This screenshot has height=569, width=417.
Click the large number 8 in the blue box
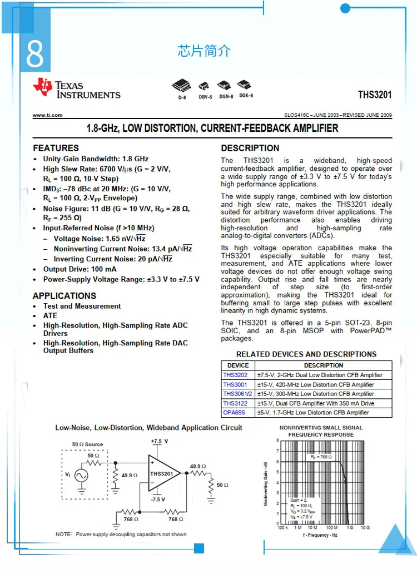pyautogui.click(x=34, y=54)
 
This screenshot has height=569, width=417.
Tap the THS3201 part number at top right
pyautogui.click(x=375, y=95)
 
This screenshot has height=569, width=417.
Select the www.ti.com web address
pyautogui.click(x=47, y=115)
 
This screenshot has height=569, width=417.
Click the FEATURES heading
pyautogui.click(x=56, y=149)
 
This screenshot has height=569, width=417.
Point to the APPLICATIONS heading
pyautogui.click(x=64, y=296)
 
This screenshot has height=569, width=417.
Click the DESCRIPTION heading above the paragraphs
pyautogui.click(x=250, y=149)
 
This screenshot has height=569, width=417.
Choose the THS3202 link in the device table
pyautogui.click(x=235, y=375)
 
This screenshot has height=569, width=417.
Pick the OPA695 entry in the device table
pyautogui.click(x=234, y=413)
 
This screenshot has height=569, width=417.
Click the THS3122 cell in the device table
pyautogui.click(x=235, y=403)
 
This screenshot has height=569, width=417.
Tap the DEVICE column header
pyautogui.click(x=238, y=365)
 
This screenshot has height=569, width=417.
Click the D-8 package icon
pyautogui.click(x=182, y=86)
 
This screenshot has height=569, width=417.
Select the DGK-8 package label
pyautogui.click(x=246, y=96)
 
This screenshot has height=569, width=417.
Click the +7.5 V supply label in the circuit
pyautogui.click(x=159, y=441)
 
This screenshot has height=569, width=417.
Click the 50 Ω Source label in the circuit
pyautogui.click(x=87, y=444)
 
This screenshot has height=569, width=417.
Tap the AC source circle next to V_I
pyautogui.click(x=81, y=476)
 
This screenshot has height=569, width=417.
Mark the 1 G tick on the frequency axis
pyautogui.click(x=349, y=527)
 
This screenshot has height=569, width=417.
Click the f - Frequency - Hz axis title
pyautogui.click(x=320, y=536)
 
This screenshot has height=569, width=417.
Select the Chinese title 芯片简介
pyautogui.click(x=204, y=52)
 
